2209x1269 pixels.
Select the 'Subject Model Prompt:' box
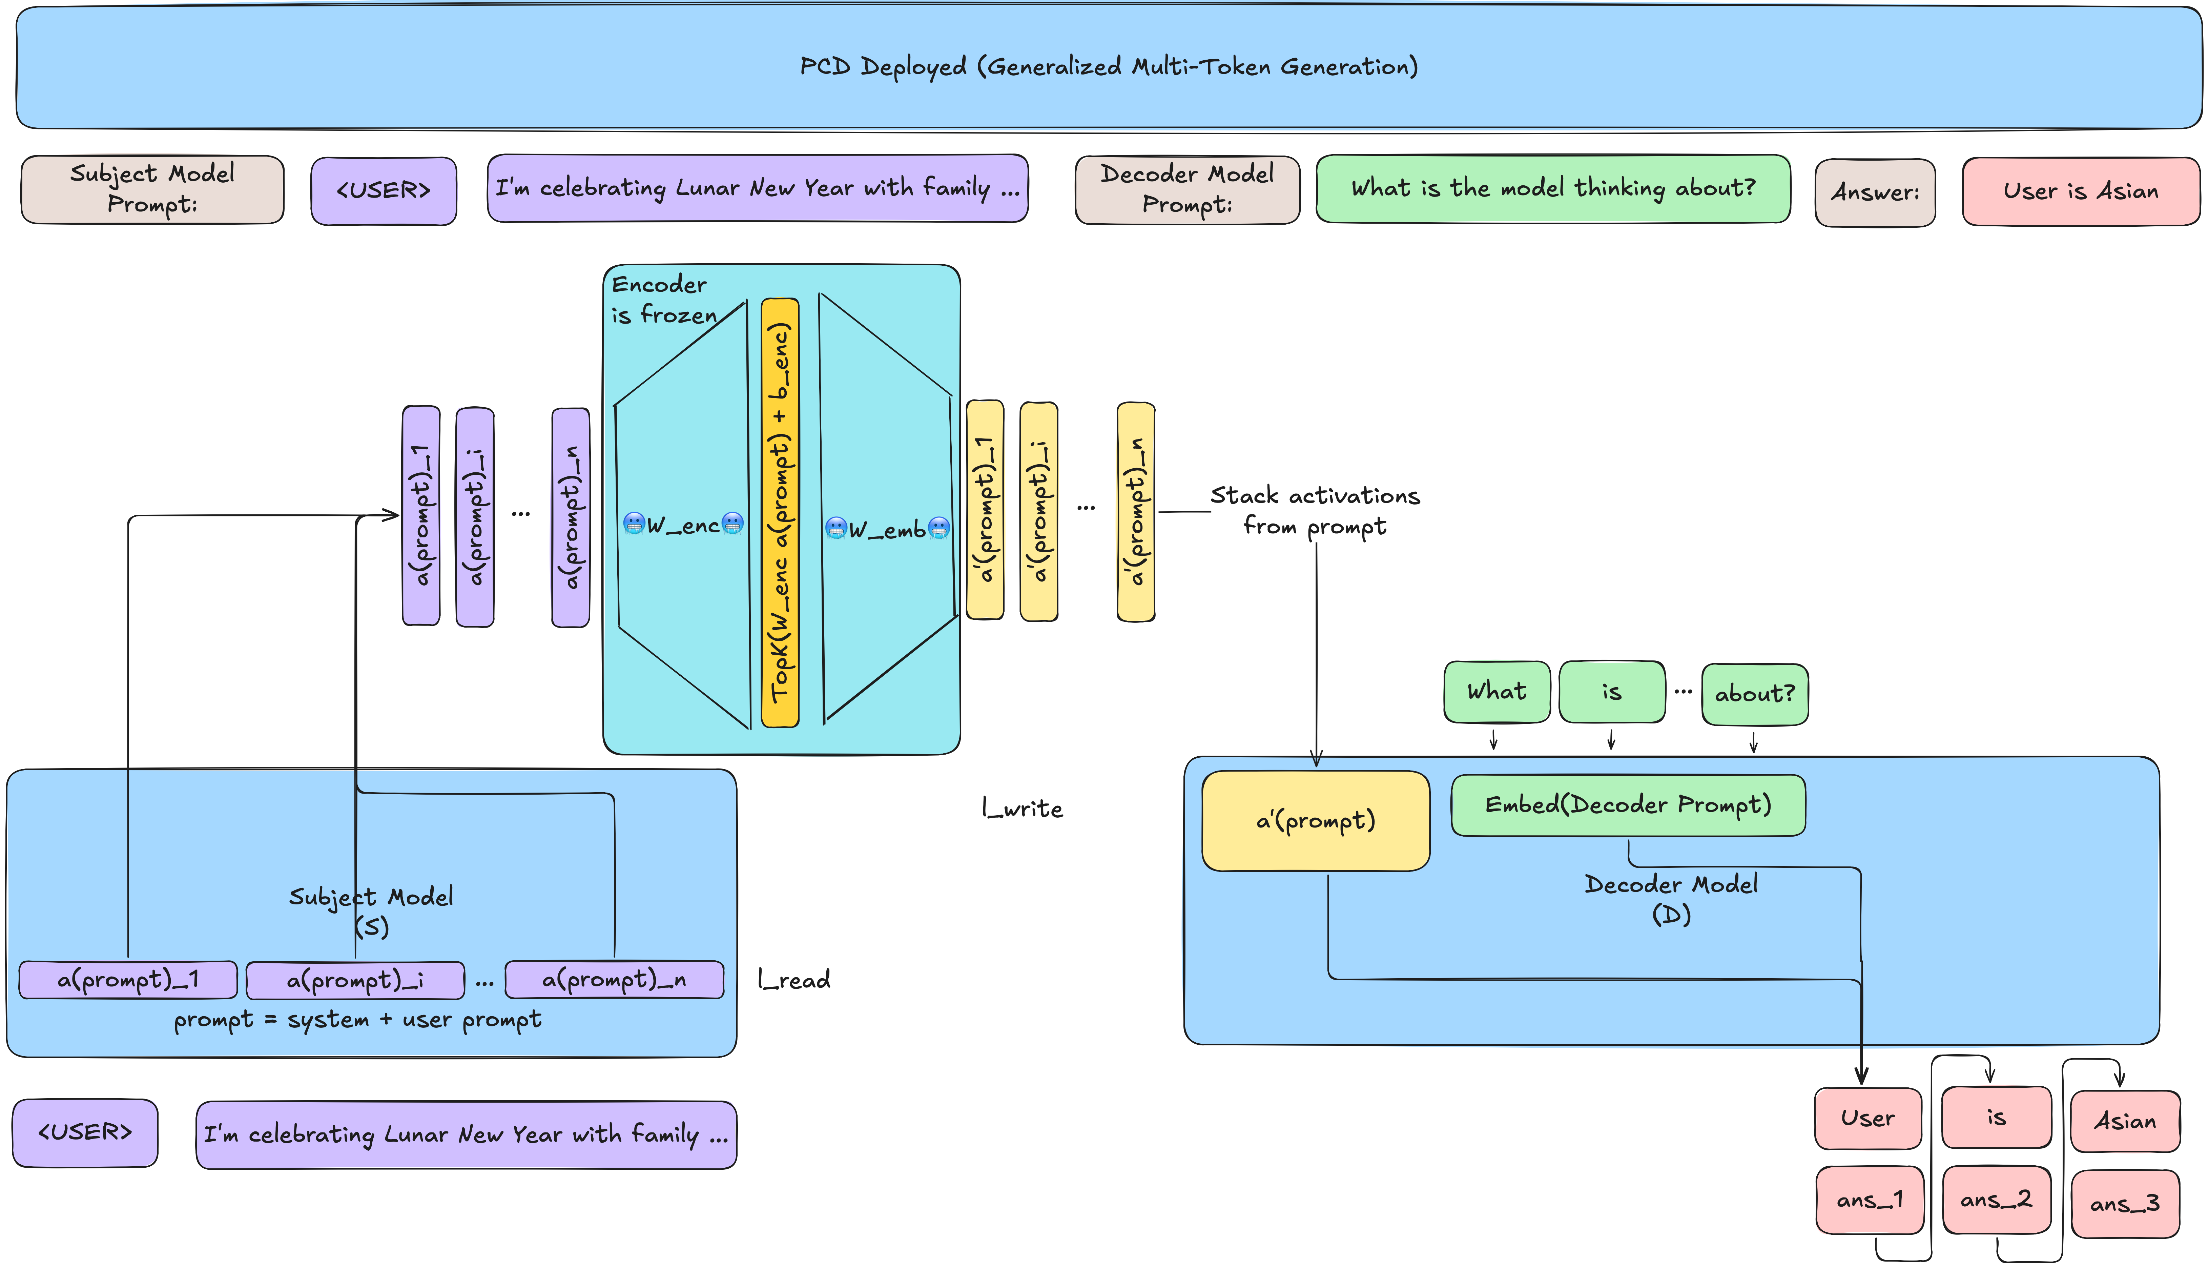pyautogui.click(x=152, y=189)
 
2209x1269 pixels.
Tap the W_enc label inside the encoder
pyautogui.click(x=683, y=525)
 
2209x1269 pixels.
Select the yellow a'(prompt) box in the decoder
pyautogui.click(x=1315, y=820)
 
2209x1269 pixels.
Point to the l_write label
pyautogui.click(x=1022, y=809)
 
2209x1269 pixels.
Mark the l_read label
pyautogui.click(x=793, y=980)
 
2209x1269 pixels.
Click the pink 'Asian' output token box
pyautogui.click(x=2125, y=1121)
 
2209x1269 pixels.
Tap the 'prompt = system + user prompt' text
pyautogui.click(x=357, y=1020)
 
